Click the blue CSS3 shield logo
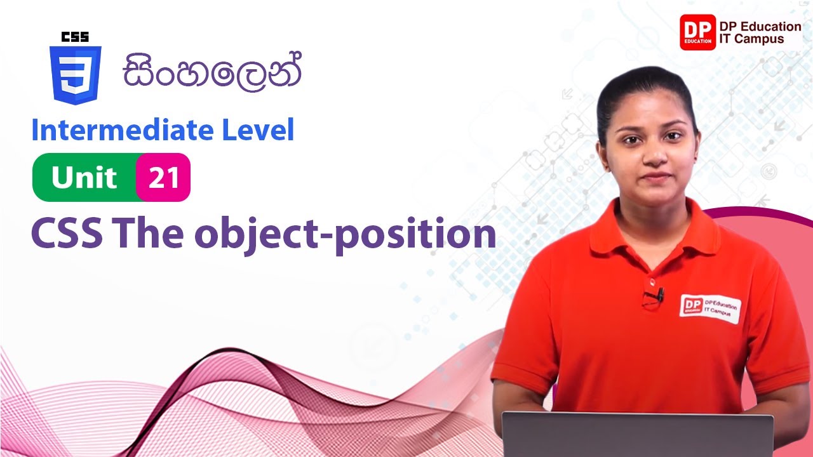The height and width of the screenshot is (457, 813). [x=75, y=75]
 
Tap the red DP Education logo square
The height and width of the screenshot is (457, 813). [x=697, y=32]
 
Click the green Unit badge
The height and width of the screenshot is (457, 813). [x=84, y=178]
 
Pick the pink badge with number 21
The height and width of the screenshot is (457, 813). [x=163, y=178]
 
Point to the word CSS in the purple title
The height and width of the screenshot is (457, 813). [x=67, y=234]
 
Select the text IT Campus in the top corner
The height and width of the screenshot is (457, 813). [x=751, y=39]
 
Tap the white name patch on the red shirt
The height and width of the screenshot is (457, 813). [x=709, y=308]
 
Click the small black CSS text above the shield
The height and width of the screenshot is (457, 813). [x=75, y=37]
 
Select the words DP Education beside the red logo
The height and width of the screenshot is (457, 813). [x=760, y=26]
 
